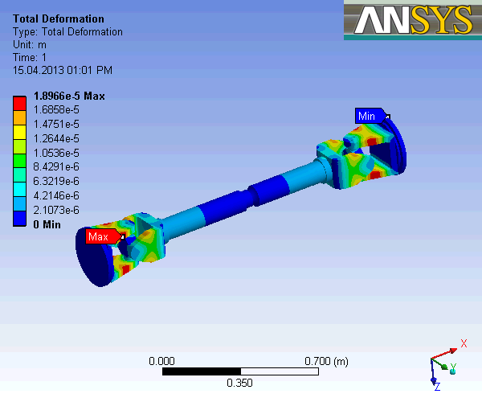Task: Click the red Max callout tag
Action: click(x=99, y=236)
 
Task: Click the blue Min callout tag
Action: click(x=366, y=116)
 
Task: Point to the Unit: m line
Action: click(x=30, y=44)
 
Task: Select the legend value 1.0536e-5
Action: click(x=55, y=153)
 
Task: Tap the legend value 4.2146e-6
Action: click(x=55, y=195)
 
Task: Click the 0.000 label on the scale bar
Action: click(x=162, y=361)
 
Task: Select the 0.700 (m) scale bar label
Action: click(x=327, y=361)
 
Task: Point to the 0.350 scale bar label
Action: click(x=239, y=384)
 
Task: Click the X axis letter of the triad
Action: click(x=464, y=344)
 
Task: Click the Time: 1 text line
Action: click(x=30, y=57)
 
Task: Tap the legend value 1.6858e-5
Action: click(x=55, y=109)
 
